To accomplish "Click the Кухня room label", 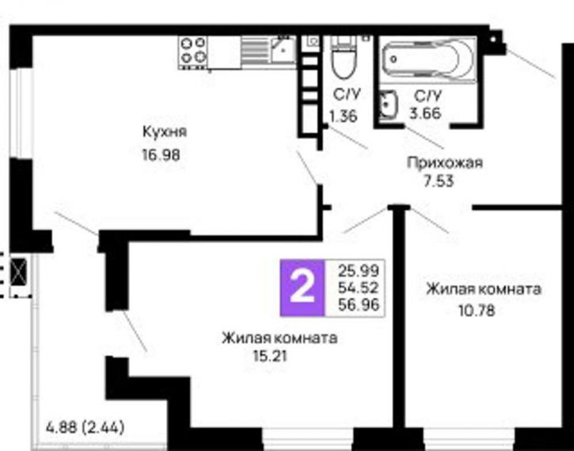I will click(165, 132).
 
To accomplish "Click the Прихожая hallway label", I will click(444, 163).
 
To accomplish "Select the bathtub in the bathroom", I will click(427, 57).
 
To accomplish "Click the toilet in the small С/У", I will click(343, 55).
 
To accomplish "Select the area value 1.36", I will click(344, 116).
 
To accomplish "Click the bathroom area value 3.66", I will click(426, 113).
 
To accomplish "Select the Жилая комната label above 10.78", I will click(483, 289).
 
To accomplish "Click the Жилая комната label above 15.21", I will click(279, 338).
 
